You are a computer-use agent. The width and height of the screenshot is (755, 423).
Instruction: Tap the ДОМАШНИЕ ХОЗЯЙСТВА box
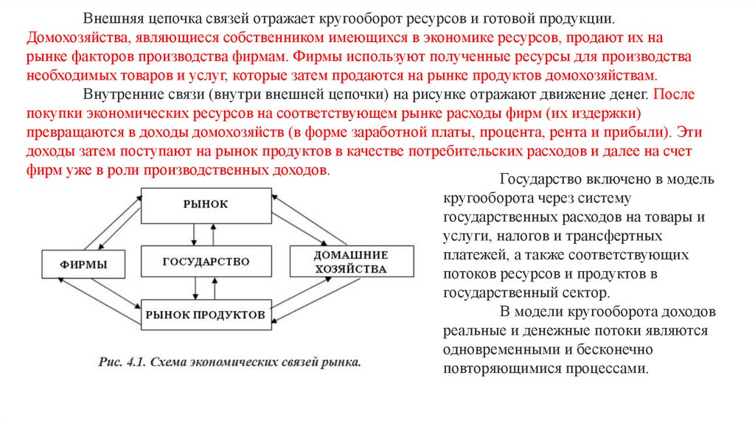tap(349, 262)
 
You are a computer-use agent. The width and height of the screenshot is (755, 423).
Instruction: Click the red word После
tap(672, 96)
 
